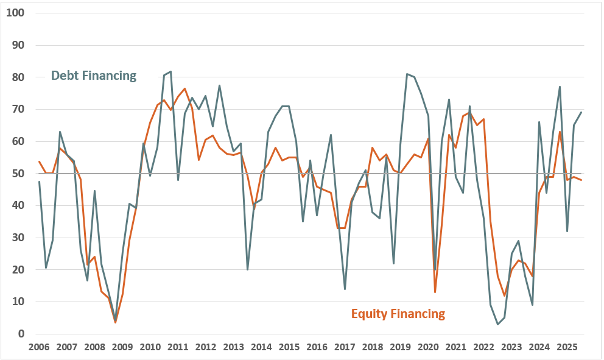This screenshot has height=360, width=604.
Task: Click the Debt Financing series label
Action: [x=94, y=76]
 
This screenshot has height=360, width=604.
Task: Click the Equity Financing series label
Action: [x=398, y=314]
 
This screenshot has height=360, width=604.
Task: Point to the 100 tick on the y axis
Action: [x=15, y=13]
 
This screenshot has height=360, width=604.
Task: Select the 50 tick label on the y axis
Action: [x=18, y=174]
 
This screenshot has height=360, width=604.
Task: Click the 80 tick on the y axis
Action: [x=18, y=77]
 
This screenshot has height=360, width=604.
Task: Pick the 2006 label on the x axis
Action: [x=39, y=347]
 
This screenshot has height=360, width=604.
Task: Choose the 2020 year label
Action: [x=427, y=347]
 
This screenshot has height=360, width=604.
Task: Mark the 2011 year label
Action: [x=177, y=347]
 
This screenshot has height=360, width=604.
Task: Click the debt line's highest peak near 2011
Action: [x=171, y=71]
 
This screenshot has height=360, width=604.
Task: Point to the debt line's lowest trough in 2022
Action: [x=497, y=324]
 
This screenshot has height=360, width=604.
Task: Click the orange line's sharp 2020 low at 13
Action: [x=435, y=292]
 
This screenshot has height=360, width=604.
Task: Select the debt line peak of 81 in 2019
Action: [x=407, y=74]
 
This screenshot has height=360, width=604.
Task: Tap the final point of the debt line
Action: [x=581, y=112]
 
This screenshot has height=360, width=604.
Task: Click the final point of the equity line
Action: [x=581, y=180]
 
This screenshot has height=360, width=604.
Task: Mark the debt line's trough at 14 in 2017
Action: [x=345, y=289]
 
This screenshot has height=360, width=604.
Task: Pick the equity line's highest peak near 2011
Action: [x=184, y=88]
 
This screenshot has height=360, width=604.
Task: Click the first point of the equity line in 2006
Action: [x=39, y=161]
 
